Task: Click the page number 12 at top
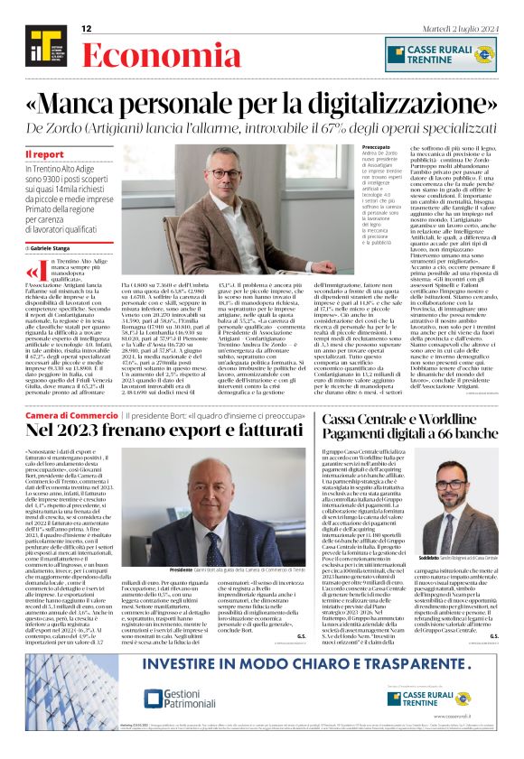[x=87, y=29]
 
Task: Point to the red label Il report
[x=44, y=154]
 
